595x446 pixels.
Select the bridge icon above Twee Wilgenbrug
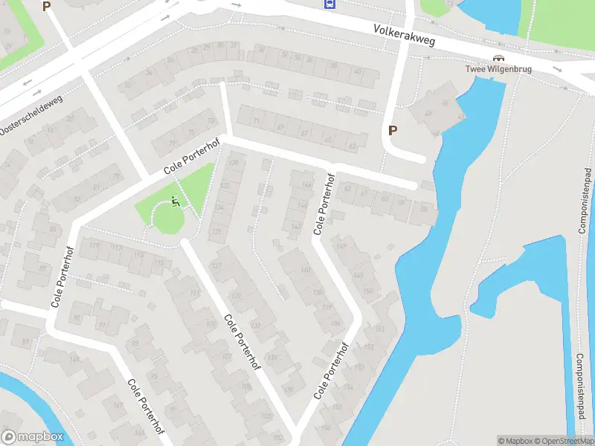click(498, 59)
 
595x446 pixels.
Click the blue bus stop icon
click(329, 4)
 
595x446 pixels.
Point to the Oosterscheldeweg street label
click(32, 111)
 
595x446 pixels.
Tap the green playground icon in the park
click(176, 201)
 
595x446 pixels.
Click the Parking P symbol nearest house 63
click(393, 130)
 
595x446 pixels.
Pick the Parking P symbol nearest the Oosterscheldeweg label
click(46, 7)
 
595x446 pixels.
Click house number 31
click(234, 46)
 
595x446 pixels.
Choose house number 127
click(217, 265)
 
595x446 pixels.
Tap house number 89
click(26, 342)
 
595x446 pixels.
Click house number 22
click(128, 85)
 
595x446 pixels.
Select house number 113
click(158, 262)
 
